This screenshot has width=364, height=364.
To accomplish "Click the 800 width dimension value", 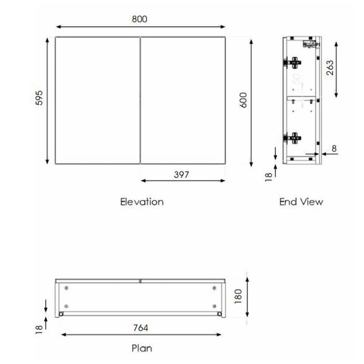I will [139, 19].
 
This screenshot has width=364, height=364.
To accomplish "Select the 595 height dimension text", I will [38, 99].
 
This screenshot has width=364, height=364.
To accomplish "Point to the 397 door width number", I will [181, 174].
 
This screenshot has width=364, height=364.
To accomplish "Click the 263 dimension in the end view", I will [330, 68].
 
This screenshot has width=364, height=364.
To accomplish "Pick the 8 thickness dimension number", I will [334, 149].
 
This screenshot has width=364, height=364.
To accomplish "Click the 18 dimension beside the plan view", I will [38, 329].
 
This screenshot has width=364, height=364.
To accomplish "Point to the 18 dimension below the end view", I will [268, 177].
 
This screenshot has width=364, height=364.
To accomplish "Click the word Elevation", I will [141, 202].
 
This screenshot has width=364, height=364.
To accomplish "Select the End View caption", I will [301, 202].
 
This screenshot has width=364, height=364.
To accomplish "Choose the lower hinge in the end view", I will [293, 138].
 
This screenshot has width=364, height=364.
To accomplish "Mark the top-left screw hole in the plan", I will [66, 288].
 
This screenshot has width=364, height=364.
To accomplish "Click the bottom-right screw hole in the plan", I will [214, 306].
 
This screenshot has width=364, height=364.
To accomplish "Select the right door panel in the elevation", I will [183, 100].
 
